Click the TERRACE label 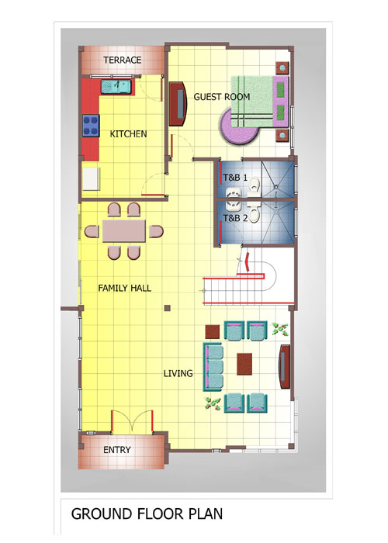[x=123, y=60]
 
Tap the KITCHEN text [x=128, y=133]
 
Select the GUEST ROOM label [x=222, y=97]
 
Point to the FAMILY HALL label [x=124, y=288]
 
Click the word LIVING [x=178, y=373]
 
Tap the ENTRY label [x=117, y=449]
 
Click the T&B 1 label [x=235, y=178]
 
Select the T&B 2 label [x=235, y=218]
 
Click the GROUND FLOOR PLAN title [x=147, y=514]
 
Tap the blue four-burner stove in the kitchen [x=91, y=126]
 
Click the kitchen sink [x=116, y=87]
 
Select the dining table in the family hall [x=124, y=231]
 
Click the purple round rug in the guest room [x=239, y=127]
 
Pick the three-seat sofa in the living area [x=213, y=367]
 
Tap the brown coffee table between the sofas [x=244, y=364]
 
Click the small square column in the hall [x=168, y=308]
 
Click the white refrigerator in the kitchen [x=92, y=178]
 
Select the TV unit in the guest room [x=178, y=104]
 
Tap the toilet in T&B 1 [x=255, y=185]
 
